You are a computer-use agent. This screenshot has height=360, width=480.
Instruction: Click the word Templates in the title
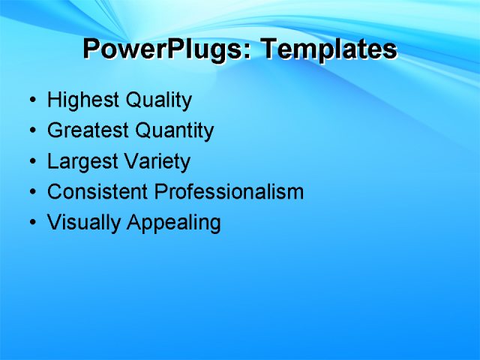coord(328,49)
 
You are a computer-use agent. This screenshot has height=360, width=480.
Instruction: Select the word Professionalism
coord(229,192)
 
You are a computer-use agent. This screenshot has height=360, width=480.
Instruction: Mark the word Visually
coord(84,223)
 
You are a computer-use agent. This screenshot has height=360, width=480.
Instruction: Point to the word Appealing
coord(173,223)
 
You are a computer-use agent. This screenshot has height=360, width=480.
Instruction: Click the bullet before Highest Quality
coord(32,100)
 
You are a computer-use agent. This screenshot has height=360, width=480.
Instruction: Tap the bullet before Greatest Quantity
coord(32,131)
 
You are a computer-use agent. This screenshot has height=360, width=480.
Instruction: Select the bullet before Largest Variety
coord(32,162)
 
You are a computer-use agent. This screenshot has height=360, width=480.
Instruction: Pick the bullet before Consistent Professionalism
coord(32,193)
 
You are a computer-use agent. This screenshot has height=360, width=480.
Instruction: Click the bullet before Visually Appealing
coord(32,223)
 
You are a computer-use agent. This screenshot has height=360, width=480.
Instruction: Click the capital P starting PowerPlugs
coord(91,49)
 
